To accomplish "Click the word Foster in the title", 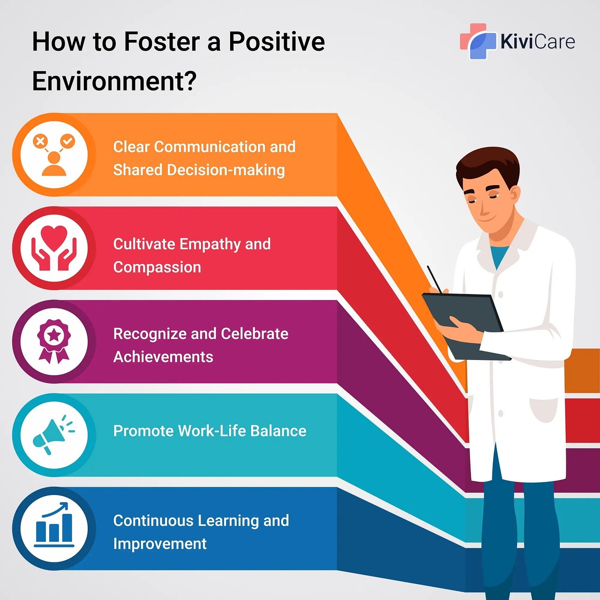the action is [x=162, y=42].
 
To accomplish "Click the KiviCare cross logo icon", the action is [x=478, y=41].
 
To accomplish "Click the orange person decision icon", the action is [x=54, y=155].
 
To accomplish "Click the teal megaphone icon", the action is [x=53, y=435].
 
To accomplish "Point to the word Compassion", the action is [x=157, y=267].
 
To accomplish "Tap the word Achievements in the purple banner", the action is [x=163, y=357].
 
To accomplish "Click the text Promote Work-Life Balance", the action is [x=210, y=431].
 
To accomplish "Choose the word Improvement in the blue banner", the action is [x=160, y=544].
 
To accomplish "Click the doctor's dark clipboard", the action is [x=465, y=326].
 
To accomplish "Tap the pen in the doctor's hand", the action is [x=435, y=279].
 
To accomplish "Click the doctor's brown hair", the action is [x=487, y=165].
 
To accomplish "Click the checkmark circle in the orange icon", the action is [x=67, y=141].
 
